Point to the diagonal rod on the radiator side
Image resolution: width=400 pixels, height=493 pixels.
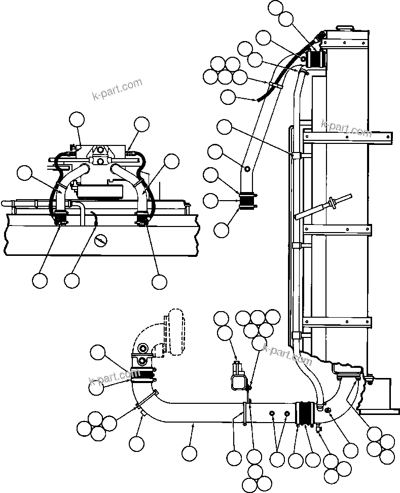[324, 206]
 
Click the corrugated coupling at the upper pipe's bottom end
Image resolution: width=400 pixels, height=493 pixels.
[248, 201]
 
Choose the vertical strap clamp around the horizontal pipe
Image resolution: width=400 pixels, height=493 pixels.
[245, 413]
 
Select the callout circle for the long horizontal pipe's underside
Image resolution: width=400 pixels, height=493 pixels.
[189, 452]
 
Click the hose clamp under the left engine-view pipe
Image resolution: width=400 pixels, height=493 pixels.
[61, 219]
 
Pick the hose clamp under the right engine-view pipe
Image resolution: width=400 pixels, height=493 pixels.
[142, 219]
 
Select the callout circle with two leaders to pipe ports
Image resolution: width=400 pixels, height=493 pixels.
[277, 459]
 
